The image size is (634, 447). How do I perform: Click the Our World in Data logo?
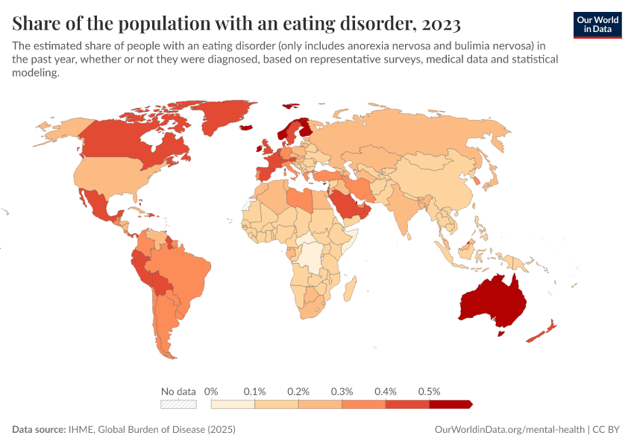597,25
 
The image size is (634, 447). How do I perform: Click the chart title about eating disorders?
236,22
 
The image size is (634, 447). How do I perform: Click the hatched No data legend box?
178,405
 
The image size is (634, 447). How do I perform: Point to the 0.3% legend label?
342,391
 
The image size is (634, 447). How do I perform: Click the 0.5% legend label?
430,391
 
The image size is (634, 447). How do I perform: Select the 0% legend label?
211,391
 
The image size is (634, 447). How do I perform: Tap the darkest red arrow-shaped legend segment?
451,405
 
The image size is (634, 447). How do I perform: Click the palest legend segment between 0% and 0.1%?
233,405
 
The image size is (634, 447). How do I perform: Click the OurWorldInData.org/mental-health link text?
509,430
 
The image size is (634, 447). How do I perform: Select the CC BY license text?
608,430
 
